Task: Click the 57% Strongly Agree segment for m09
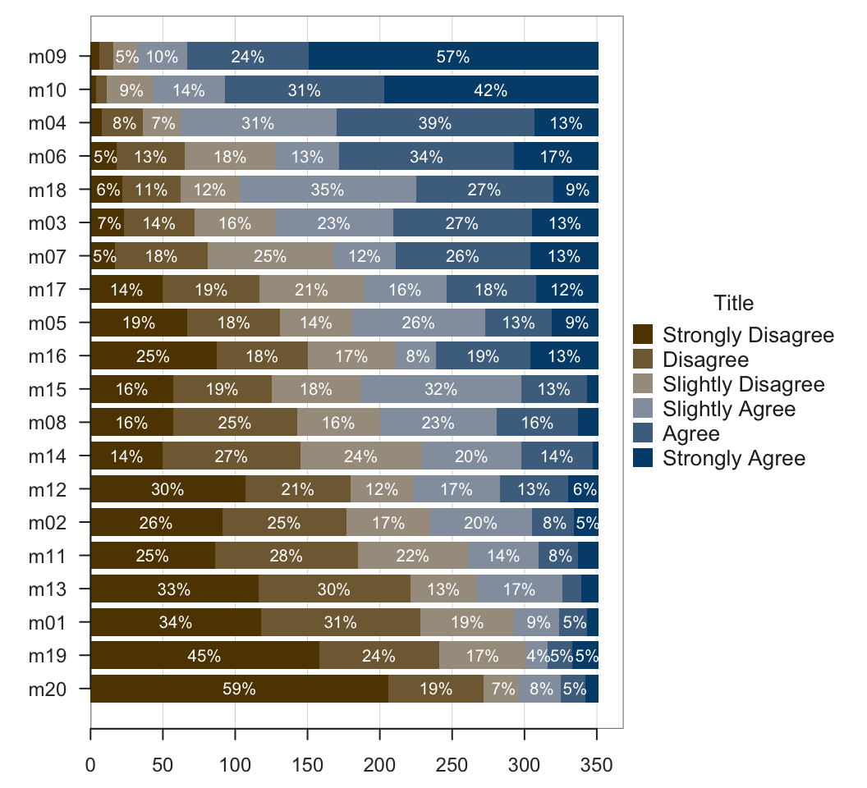click(453, 57)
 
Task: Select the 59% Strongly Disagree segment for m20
click(239, 689)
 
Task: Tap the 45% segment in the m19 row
click(204, 656)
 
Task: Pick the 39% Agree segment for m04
click(435, 124)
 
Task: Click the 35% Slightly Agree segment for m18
click(328, 190)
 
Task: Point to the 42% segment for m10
click(491, 90)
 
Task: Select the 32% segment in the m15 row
click(441, 389)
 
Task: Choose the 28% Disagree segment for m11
click(286, 556)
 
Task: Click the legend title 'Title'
click(733, 304)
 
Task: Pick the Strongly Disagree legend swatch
click(644, 335)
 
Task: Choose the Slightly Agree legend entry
click(729, 409)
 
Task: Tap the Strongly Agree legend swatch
click(644, 458)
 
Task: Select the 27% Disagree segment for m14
click(232, 456)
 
